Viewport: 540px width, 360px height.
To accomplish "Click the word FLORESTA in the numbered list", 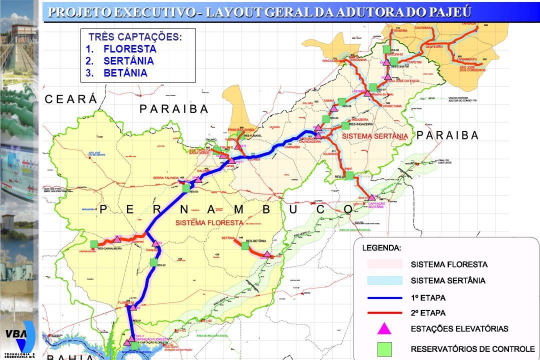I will [x=130, y=49].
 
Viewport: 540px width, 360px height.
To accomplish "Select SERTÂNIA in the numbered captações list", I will [x=128, y=61].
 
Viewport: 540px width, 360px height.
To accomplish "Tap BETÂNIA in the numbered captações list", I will [x=125, y=73].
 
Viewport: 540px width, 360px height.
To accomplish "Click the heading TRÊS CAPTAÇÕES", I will [x=135, y=37].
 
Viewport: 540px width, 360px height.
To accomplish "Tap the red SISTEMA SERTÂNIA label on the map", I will [x=375, y=136].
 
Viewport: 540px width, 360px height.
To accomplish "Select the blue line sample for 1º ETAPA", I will [x=384, y=297].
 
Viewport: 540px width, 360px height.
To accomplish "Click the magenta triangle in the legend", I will [x=384, y=328].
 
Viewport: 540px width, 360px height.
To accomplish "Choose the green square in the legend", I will [x=384, y=348].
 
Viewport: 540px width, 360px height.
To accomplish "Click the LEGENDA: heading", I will [x=381, y=247].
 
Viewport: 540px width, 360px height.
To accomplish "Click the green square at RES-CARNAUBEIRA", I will [x=94, y=244].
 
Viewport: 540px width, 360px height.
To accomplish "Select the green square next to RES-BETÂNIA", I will [x=245, y=245].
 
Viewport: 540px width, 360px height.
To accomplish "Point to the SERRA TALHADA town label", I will [x=165, y=177].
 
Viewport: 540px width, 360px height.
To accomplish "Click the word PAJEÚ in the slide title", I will [x=448, y=12].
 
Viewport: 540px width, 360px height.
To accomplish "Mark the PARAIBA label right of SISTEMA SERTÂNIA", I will [x=447, y=135].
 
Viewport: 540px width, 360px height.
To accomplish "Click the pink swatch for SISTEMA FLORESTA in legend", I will [x=384, y=264].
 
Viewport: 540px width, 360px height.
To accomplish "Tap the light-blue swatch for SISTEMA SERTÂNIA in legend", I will [x=384, y=280].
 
